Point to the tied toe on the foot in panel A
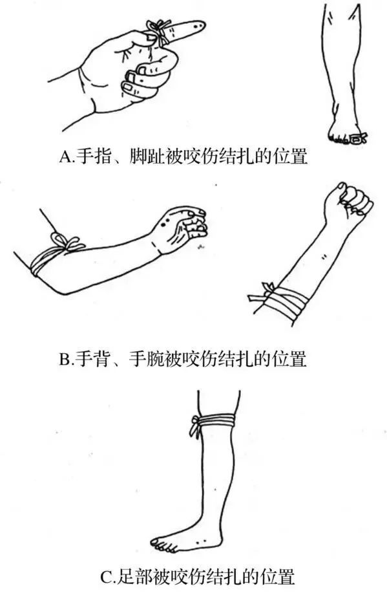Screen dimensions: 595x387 pos(359,137)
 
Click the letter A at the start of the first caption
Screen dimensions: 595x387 pos(65,157)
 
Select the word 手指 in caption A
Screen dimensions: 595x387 pos(94,157)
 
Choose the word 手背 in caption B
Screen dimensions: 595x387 pos(94,359)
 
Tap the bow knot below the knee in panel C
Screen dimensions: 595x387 pos(194,426)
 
